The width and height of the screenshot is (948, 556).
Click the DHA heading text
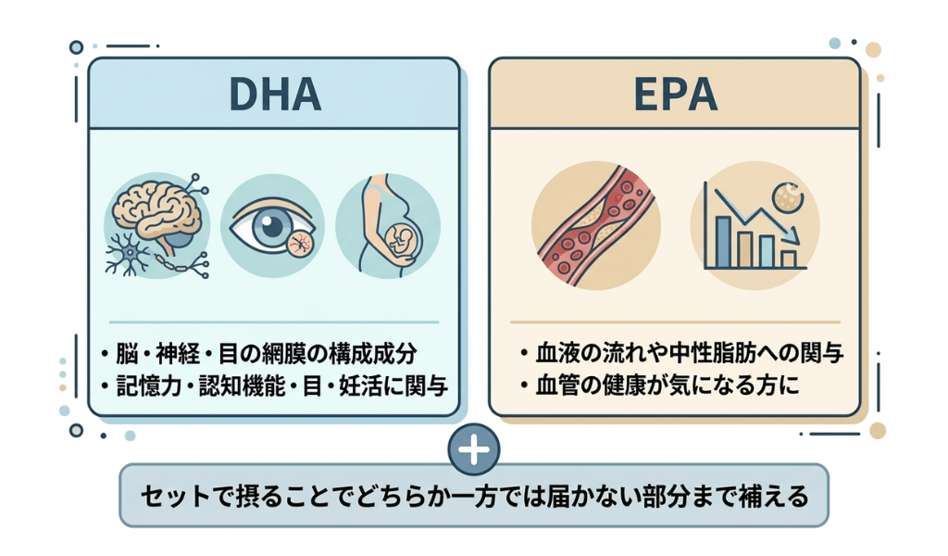[x=275, y=95]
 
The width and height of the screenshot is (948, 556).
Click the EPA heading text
[x=675, y=95]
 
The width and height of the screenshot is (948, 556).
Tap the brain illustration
[x=157, y=208]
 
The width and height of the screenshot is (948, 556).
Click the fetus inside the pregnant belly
[x=400, y=241]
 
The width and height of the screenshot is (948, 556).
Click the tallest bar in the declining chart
[x=722, y=242]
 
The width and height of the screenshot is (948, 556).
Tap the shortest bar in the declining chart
[x=789, y=259]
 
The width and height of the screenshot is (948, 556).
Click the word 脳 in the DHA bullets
[x=127, y=354]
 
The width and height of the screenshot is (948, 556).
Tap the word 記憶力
[x=149, y=385]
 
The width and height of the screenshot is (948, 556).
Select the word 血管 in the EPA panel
[x=557, y=385]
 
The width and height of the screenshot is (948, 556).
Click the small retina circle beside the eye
[x=301, y=245]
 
